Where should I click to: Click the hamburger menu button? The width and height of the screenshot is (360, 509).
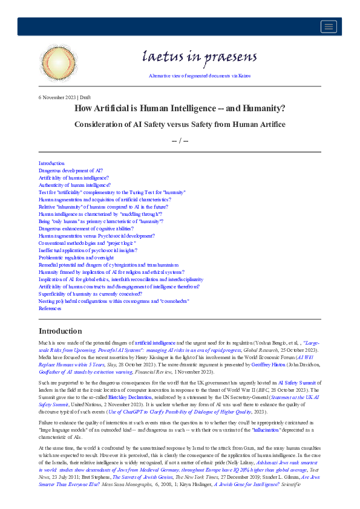tap(329, 26)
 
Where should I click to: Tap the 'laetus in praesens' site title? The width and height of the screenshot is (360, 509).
tap(199, 57)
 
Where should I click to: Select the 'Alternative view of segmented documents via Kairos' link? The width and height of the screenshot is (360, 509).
tap(199, 76)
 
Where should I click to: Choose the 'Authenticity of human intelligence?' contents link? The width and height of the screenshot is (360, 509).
tap(74, 185)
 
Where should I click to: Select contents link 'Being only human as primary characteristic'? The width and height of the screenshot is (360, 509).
tap(100, 221)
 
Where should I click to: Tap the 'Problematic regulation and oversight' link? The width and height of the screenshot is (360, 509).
tap(76, 258)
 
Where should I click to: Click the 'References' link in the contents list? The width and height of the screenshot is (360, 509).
tap(50, 308)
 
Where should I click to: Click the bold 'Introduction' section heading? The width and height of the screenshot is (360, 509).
tap(60, 331)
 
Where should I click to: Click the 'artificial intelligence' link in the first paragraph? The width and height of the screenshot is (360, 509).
tap(155, 342)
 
